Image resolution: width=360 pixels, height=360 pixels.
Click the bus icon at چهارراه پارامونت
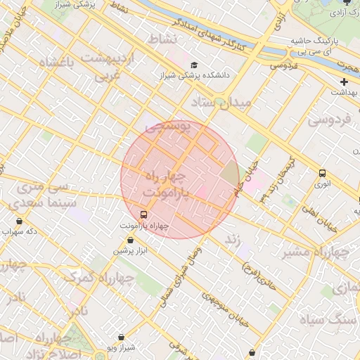pyautogui.click(x=143, y=214)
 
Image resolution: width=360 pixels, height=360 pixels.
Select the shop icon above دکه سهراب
pyautogui.click(x=19, y=221)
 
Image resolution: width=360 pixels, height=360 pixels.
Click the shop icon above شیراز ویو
pyautogui.click(x=122, y=337)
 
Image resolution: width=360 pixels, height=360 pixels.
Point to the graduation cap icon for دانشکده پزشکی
pyautogui.click(x=193, y=65)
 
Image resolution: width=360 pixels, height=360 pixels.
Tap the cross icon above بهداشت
pyautogui.click(x=343, y=82)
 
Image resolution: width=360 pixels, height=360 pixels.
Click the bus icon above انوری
pyautogui.click(x=322, y=173)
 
